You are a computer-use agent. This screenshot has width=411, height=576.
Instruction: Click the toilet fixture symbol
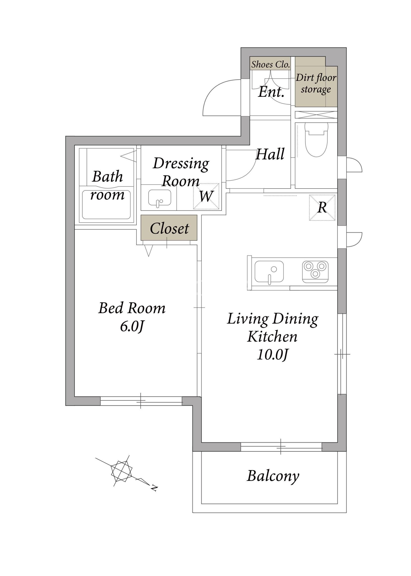[316, 139]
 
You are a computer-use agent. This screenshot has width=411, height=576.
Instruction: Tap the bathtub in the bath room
[106, 205]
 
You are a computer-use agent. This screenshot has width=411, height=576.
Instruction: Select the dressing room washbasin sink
[159, 198]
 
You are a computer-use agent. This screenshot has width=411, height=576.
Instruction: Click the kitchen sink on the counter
[269, 272]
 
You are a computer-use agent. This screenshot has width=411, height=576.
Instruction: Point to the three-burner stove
[315, 272]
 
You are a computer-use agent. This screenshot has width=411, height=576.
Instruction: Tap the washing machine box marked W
[206, 196]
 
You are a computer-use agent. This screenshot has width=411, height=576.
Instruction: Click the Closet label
[169, 228]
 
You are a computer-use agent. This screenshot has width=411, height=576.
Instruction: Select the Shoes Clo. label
[270, 65]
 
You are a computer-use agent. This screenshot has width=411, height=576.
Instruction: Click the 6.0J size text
[132, 326]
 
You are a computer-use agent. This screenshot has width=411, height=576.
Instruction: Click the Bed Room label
[132, 308]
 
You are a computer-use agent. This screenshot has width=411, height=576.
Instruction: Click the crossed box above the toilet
[316, 115]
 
